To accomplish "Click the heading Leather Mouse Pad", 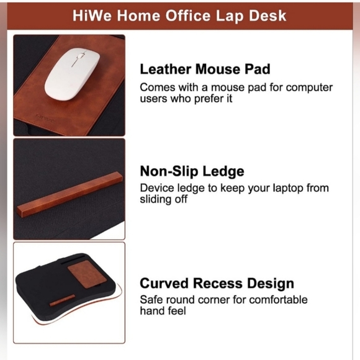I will (204, 70).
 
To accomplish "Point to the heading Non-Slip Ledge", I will (192, 171).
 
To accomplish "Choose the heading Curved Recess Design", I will (217, 284).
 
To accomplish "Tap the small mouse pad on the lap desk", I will (84, 277).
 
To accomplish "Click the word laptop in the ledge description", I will (284, 187).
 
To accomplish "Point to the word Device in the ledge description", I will (158, 187).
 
